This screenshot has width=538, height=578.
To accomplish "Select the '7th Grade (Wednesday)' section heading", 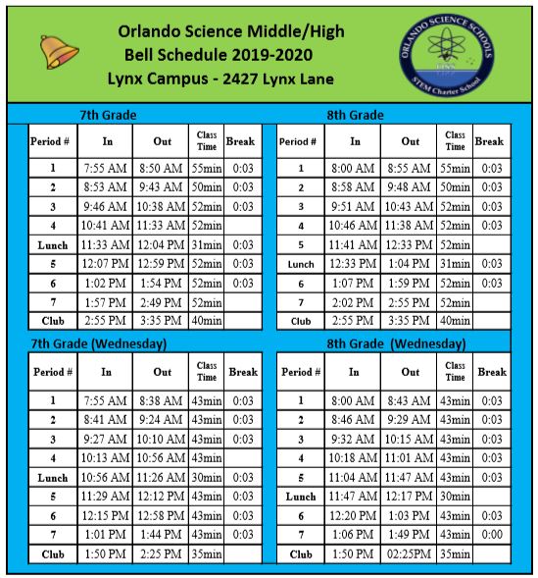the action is pyautogui.click(x=97, y=343).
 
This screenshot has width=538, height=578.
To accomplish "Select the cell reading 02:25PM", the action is pyautogui.click(x=410, y=553).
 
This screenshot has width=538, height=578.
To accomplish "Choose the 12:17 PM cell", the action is pyautogui.click(x=410, y=497).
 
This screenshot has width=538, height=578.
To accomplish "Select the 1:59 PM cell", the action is pyautogui.click(x=410, y=283).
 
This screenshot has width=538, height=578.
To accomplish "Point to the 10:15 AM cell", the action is pyautogui.click(x=410, y=439).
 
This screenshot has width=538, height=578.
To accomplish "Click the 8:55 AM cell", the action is pyautogui.click(x=410, y=169).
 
